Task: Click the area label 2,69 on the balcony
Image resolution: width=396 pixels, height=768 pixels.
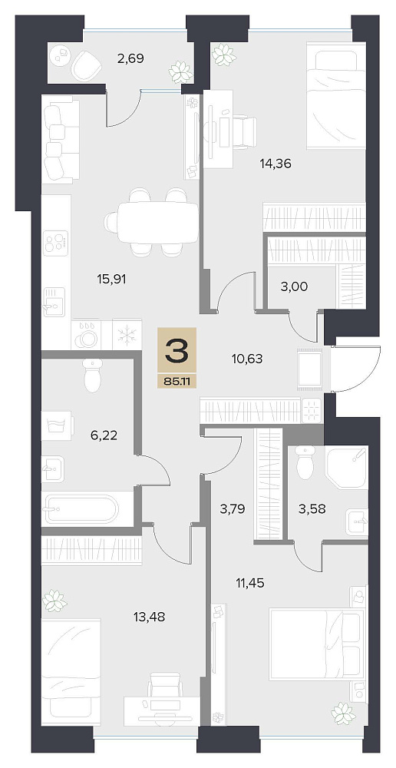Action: tap(130, 59)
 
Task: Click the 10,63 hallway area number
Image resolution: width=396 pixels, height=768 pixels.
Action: tap(247, 359)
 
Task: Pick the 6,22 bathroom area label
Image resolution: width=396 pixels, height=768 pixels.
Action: tap(104, 435)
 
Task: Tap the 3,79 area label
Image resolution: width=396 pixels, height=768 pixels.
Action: tap(232, 508)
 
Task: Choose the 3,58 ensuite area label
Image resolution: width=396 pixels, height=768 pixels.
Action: tap(312, 508)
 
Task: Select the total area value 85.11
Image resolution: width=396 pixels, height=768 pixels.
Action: tap(177, 380)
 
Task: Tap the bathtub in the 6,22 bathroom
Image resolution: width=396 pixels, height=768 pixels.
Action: tap(81, 509)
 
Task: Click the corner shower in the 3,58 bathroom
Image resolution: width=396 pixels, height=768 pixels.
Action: tap(347, 466)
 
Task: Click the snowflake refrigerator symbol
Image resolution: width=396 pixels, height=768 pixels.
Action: tap(127, 335)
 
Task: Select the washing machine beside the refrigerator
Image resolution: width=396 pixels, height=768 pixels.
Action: tap(86, 335)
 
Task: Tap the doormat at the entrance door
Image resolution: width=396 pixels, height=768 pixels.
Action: tap(309, 369)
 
